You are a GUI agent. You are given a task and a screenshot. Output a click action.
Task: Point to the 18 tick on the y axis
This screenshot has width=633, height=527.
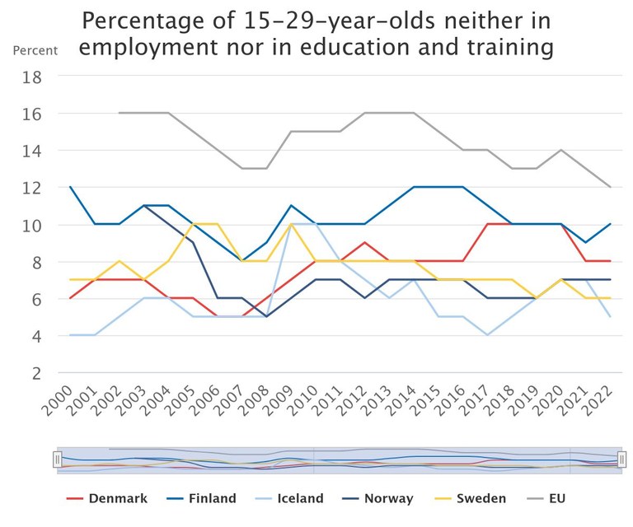[54, 77]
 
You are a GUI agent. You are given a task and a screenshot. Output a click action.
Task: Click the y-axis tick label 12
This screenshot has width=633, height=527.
[54, 188]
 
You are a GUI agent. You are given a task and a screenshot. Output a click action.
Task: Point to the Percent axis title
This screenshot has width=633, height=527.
[35, 50]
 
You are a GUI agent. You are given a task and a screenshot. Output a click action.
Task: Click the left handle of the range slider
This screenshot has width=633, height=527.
[58, 459]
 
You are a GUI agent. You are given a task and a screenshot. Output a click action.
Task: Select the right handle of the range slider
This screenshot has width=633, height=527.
[622, 459]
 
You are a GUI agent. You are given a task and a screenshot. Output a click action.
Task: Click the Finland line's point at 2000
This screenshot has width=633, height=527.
[70, 187]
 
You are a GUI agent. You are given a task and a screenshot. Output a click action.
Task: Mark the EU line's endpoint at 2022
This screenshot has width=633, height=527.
[610, 187]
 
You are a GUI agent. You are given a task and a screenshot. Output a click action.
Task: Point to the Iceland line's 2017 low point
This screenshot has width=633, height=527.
[487, 335]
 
